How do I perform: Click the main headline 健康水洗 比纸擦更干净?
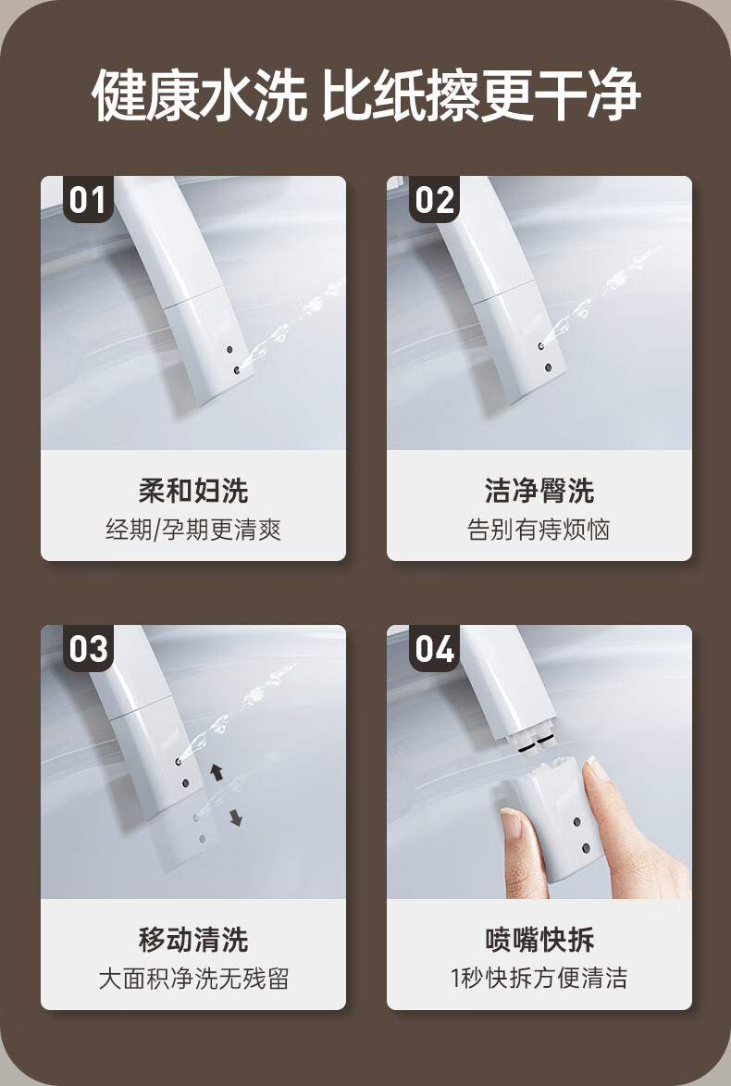[x=365, y=94]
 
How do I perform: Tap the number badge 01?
[x=88, y=199]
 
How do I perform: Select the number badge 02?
[x=434, y=199]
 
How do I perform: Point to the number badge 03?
[x=88, y=648]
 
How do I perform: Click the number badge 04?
[x=434, y=648]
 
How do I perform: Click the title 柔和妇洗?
[x=193, y=491]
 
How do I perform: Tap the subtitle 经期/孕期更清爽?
[x=193, y=530]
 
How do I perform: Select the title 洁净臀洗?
[x=539, y=491]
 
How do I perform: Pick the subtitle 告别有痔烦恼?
[x=539, y=530]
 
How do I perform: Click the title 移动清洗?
[x=193, y=939]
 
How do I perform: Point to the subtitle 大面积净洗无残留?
[x=193, y=979]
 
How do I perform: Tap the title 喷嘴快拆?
[x=539, y=939]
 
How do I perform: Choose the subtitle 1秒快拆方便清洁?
[x=539, y=979]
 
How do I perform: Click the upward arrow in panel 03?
[x=217, y=771]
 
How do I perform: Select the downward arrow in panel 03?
[x=235, y=818]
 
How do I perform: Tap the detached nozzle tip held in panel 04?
[x=557, y=818]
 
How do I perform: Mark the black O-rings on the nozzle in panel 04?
[x=535, y=746]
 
